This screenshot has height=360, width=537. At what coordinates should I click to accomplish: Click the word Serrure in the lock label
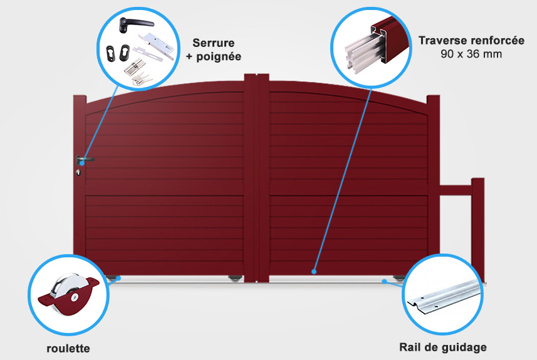click(x=214, y=43)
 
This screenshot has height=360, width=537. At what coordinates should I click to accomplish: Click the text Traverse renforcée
click(x=472, y=40)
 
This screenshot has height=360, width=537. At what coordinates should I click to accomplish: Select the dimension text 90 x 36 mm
click(x=471, y=54)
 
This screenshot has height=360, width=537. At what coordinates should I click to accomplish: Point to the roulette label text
click(x=69, y=348)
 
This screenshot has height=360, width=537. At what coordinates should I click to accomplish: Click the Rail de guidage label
click(x=443, y=347)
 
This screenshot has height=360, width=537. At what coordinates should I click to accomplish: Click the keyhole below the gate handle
click(x=79, y=173)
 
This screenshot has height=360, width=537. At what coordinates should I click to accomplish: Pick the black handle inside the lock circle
click(x=125, y=25)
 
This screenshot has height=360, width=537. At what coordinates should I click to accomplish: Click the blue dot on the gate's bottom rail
click(x=314, y=272)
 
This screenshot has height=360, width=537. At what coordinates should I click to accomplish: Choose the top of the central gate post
click(x=256, y=77)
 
